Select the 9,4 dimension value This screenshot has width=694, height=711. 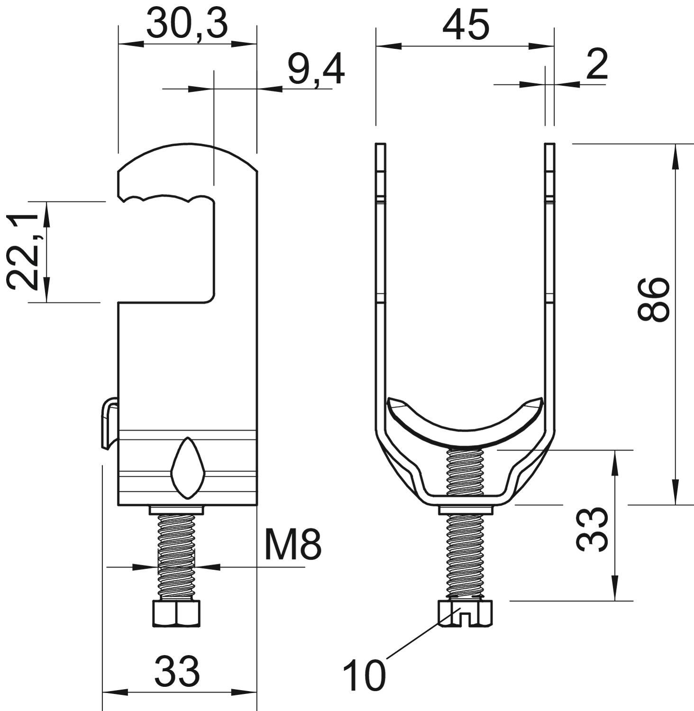coord(316,71)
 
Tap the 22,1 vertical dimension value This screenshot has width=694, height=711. coord(23,252)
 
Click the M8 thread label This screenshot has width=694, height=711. coord(293,545)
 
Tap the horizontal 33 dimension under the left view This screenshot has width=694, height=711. coord(177,671)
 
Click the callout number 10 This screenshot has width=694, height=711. coord(364,675)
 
